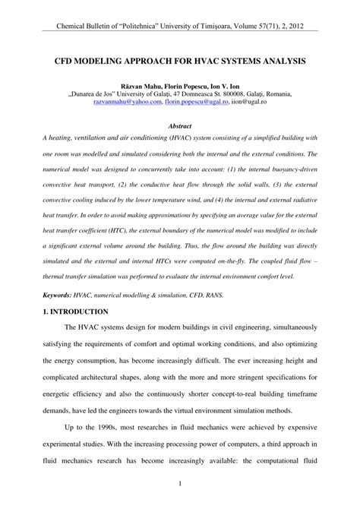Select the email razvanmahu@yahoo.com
click(134, 100)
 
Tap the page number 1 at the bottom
click(180, 484)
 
